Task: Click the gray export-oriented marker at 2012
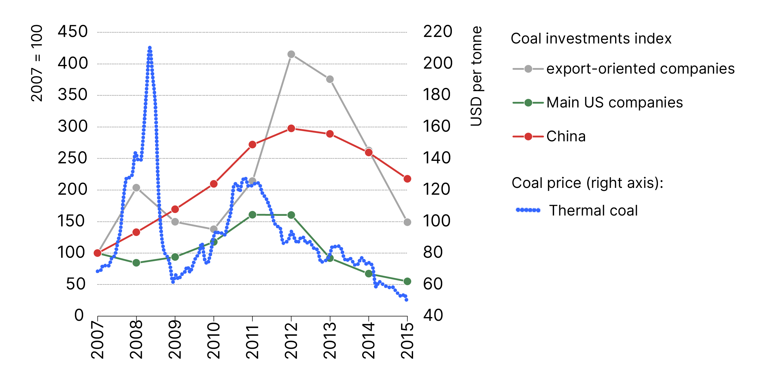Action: [x=291, y=54]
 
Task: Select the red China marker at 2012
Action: [x=291, y=128]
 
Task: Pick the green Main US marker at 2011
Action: [x=252, y=215]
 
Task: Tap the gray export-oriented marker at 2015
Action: [x=407, y=222]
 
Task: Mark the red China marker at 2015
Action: [x=407, y=179]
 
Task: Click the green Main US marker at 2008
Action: [x=136, y=263]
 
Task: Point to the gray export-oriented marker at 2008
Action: [x=136, y=188]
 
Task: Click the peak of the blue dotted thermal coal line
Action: [x=150, y=48]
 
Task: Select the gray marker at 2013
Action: [x=330, y=79]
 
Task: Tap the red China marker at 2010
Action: [x=214, y=184]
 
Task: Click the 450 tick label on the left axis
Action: [x=73, y=32]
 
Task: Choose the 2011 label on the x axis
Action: [x=252, y=342]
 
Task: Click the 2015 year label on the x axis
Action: [x=407, y=340]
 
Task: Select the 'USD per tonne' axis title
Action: [x=476, y=76]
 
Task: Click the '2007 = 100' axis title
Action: [x=37, y=63]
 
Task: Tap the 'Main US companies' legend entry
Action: [x=615, y=102]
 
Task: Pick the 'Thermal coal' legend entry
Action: [x=593, y=211]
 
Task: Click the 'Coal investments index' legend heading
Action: [x=591, y=39]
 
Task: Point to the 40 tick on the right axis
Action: [x=433, y=315]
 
